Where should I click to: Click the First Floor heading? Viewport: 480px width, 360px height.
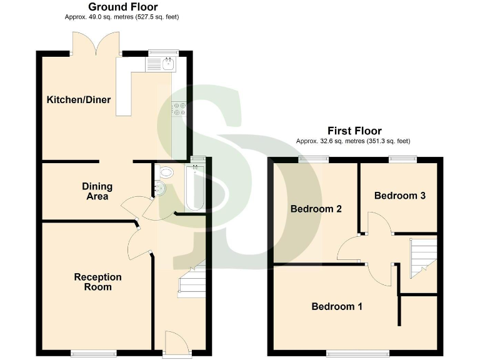click(354, 131)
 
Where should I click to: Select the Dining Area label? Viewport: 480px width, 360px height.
click(97, 191)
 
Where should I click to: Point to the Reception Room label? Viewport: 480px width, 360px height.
click(97, 282)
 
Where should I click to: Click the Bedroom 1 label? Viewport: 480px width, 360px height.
click(337, 307)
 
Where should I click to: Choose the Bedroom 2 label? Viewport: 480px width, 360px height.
click(316, 209)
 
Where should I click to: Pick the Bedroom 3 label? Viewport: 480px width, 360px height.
click(400, 196)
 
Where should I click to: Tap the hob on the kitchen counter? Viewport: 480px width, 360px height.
click(179, 109)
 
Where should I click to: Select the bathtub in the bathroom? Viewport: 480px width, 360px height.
click(196, 187)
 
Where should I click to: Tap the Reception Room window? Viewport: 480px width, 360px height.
click(89, 353)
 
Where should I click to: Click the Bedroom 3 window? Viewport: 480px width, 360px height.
click(400, 158)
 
